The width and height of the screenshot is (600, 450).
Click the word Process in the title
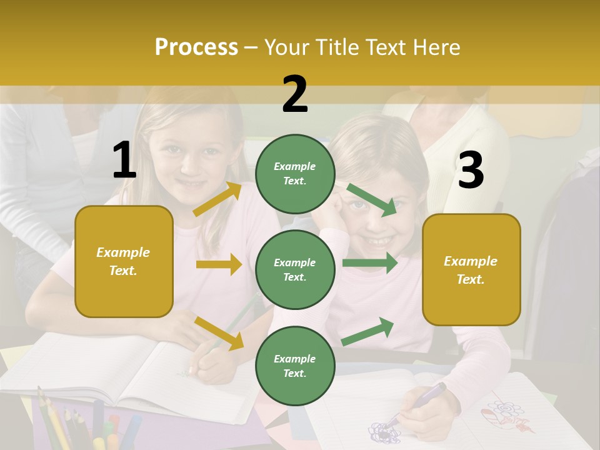pos(196,47)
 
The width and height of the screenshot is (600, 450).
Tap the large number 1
pos(124,161)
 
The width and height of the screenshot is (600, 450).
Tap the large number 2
pos(295,94)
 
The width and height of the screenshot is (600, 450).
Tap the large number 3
pos(471,171)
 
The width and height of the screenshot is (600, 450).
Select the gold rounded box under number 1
pos(124,261)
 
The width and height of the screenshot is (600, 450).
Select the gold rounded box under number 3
pos(471,269)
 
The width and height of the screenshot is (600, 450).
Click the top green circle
pos(295,174)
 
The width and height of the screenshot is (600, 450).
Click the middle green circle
pos(295,269)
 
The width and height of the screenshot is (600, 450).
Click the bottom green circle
pos(295,366)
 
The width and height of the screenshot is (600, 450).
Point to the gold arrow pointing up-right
pos(217,199)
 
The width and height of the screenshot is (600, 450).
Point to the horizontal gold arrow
pos(219,264)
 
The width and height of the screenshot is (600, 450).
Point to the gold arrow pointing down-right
pos(219,333)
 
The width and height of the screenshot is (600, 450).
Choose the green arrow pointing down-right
pos(372,199)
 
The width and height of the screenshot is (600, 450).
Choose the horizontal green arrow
pos(369,262)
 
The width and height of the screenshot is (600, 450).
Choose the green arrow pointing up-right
pos(368,331)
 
